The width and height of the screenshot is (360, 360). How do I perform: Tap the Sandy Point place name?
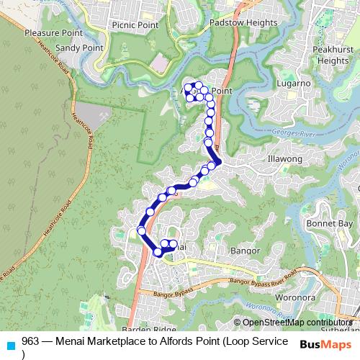click(x=79, y=48)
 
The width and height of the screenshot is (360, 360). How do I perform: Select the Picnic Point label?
click(x=135, y=24)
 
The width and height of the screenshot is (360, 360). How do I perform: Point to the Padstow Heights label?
click(x=243, y=22)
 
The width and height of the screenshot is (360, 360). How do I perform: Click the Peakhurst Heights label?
click(x=333, y=55)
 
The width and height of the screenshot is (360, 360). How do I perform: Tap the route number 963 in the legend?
click(x=30, y=341)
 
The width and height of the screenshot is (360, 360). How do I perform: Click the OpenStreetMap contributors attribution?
click(x=297, y=323)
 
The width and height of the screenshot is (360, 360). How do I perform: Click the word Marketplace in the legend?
click(x=101, y=341)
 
